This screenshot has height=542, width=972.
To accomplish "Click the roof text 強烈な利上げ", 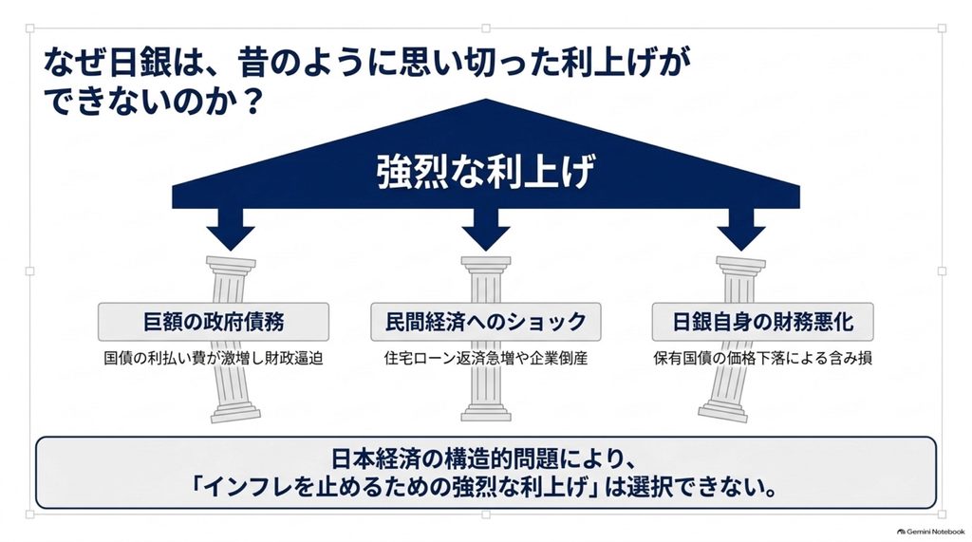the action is pos(485,171).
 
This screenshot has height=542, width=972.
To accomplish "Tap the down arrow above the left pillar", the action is pos(231,229).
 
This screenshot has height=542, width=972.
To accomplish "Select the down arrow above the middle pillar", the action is pos(486,229).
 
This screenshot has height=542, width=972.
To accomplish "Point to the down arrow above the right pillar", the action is pos(741,229).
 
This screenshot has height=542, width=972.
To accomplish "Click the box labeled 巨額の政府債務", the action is pos(214,322).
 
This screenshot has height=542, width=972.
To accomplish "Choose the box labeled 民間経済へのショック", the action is pos(486,322).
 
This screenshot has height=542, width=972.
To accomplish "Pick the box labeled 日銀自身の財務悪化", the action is pos(763,322).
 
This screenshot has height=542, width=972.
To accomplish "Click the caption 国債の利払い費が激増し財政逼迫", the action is pos(214,359).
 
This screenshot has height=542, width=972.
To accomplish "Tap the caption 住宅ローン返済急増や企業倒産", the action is pos(486,359).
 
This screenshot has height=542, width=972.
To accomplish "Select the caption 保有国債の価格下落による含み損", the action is pos(763,359).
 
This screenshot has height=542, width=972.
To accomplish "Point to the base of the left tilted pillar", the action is pos(235,412).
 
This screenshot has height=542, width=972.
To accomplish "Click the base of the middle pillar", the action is pos(486,412).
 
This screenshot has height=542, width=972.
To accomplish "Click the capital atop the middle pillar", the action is pos(486,263).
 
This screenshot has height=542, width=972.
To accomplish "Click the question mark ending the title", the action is pos(251,101).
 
